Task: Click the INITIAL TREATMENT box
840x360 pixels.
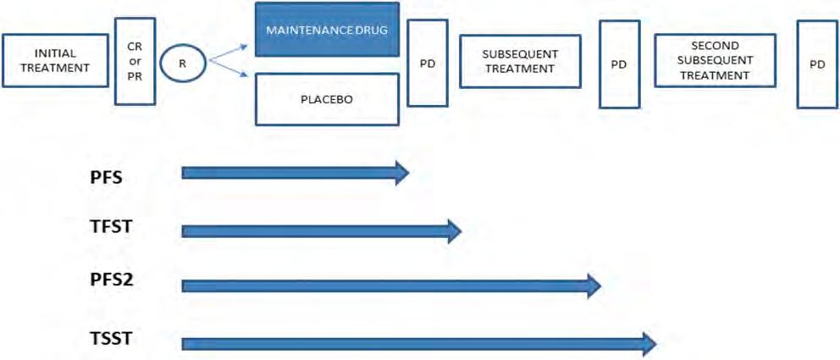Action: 56,60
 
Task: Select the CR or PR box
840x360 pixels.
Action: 135,60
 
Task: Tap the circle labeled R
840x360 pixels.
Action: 183,62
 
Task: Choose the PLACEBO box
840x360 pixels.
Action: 327,98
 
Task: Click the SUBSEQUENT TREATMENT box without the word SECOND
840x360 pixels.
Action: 520,62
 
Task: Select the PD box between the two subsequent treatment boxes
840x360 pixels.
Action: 619,64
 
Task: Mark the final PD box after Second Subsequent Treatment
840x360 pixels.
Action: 816,64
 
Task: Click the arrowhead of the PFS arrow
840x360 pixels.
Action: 401,174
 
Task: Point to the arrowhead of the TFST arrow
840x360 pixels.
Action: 453,230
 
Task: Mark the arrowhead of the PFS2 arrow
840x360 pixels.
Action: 593,286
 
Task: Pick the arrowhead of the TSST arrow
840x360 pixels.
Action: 648,343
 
